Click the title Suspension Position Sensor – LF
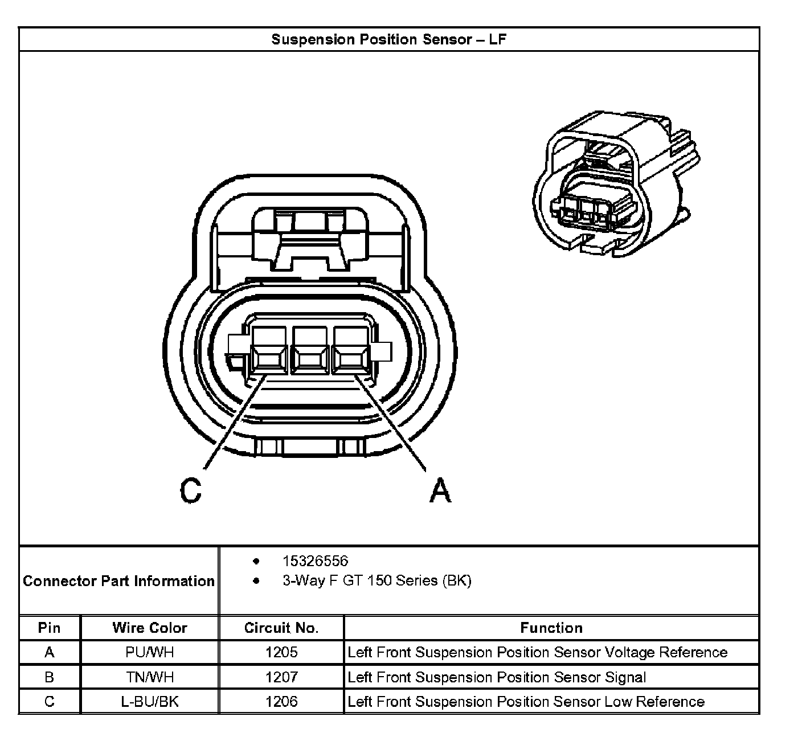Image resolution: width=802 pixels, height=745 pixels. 388,39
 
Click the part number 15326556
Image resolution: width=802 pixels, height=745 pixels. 315,561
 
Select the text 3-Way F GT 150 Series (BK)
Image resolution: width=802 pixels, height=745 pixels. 377,581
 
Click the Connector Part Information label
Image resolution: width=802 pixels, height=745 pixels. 118,581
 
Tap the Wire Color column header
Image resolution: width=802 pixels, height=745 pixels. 150,628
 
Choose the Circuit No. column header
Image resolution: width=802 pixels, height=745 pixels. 281,628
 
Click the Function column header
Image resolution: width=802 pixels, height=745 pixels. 551,628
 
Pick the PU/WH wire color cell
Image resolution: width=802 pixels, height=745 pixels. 150,652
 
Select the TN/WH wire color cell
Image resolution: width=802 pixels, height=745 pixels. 150,677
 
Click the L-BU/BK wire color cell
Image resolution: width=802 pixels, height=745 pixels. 150,702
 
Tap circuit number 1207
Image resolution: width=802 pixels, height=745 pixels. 281,677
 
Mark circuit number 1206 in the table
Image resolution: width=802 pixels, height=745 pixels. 281,702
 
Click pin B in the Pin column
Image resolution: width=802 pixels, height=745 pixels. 50,677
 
